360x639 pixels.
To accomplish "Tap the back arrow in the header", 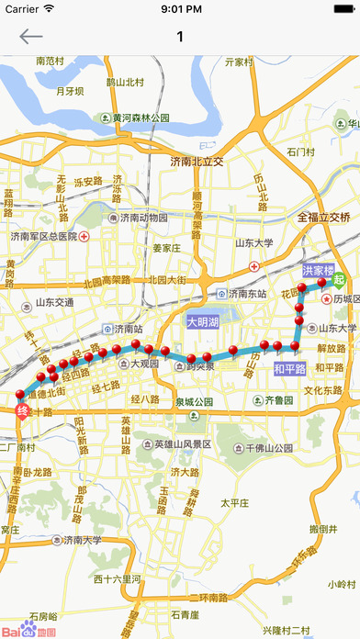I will coord(31,37).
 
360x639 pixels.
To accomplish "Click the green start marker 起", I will coord(340,280).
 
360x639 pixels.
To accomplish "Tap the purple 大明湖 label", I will coord(202,323).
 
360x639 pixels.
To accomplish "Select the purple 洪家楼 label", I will coord(319,271).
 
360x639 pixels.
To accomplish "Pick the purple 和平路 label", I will coord(289,369).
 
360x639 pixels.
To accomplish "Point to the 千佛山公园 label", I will coord(266,449).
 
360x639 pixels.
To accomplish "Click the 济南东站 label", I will coord(242,293).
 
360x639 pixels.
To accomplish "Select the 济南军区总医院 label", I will coord(52,236).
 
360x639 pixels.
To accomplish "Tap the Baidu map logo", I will coord(28,631).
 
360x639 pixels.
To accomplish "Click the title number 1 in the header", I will coord(180,37).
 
